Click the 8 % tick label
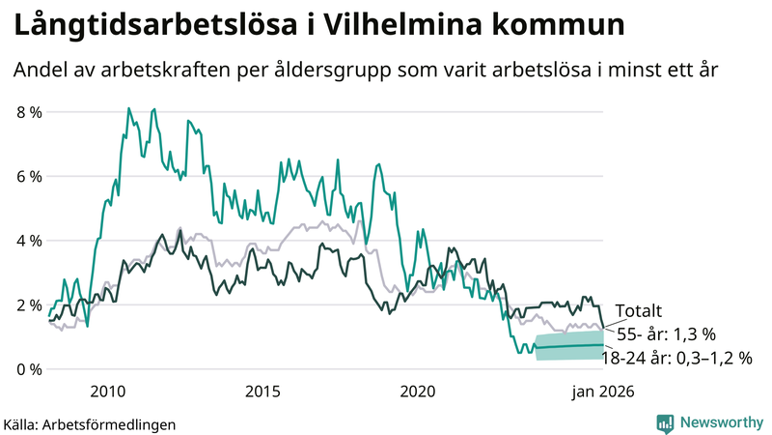(30, 112)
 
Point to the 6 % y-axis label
(30, 177)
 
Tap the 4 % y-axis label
(30, 241)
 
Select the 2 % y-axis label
(30, 305)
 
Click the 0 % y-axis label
(30, 369)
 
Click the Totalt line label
(639, 311)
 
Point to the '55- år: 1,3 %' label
(666, 334)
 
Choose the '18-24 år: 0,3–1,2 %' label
(675, 358)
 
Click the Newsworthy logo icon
(666, 422)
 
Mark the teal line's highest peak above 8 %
(128, 108)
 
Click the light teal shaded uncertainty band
(569, 346)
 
